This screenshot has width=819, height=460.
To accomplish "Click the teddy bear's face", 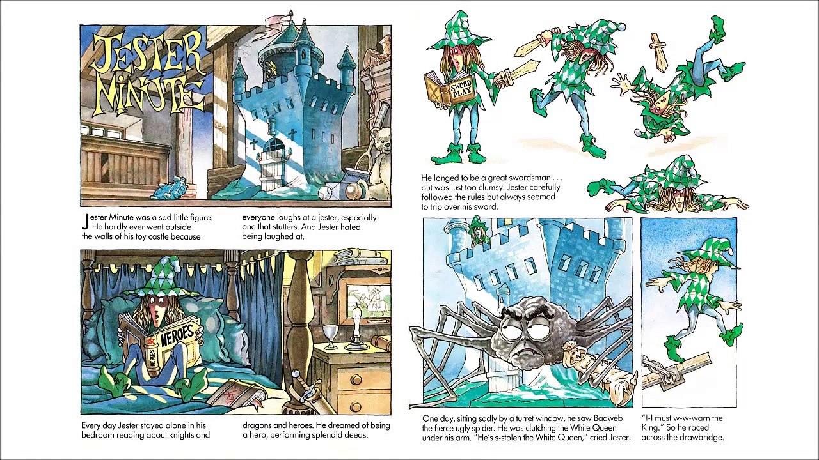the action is [381, 134].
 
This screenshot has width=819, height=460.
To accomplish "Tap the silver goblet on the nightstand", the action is [330, 337].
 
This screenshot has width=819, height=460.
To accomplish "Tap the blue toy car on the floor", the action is [170, 187].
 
